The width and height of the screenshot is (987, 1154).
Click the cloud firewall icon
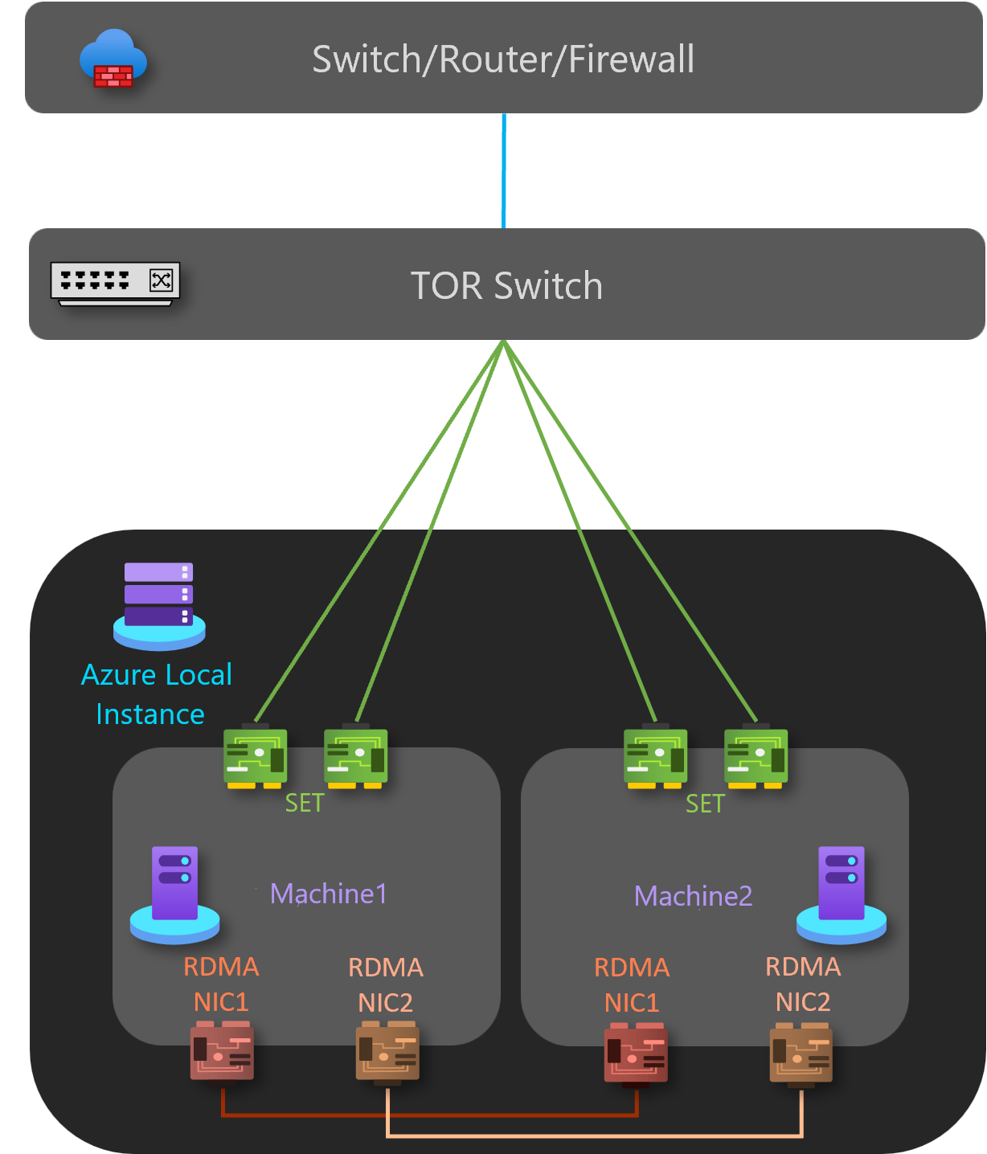[x=113, y=59]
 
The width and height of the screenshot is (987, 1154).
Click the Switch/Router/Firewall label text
[x=503, y=59]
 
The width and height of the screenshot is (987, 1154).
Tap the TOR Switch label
[x=506, y=286]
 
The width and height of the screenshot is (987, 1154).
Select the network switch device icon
[x=115, y=284]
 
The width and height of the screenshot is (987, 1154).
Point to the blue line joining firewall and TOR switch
[x=504, y=170]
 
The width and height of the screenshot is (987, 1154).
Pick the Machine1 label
[x=329, y=894]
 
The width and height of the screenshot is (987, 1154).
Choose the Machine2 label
[x=693, y=896]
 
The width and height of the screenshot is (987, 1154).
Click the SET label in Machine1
[x=305, y=803]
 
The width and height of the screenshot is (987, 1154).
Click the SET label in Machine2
[x=705, y=804]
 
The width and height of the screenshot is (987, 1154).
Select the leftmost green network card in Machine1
[x=255, y=757]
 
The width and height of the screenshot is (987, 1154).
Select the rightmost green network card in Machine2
[x=756, y=757]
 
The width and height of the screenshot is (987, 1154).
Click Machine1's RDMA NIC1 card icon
[x=222, y=1051]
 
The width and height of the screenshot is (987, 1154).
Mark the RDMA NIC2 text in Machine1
[x=386, y=985]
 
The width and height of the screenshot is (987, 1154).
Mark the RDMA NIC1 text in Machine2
[x=632, y=985]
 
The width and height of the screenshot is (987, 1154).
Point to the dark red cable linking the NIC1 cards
[x=430, y=1115]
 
